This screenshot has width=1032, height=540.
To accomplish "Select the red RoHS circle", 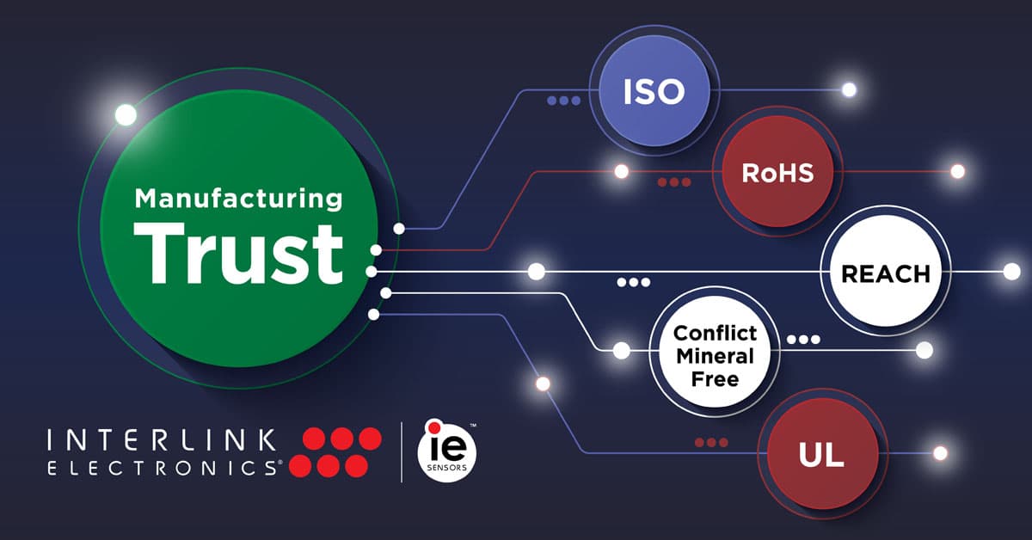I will click(x=777, y=173).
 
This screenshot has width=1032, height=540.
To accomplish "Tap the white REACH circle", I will click(x=886, y=273).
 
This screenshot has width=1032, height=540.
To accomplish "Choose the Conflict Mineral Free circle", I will click(x=715, y=355).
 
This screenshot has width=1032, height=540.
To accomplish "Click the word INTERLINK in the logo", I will click(x=162, y=441).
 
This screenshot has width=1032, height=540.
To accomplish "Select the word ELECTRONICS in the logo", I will click(x=162, y=468).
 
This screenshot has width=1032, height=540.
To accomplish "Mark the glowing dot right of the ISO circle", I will click(x=850, y=89).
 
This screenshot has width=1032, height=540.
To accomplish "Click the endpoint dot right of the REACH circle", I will click(x=1011, y=272).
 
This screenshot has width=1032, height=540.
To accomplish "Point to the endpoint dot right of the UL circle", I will click(x=940, y=452).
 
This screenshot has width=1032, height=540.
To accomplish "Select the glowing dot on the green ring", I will click(x=126, y=114).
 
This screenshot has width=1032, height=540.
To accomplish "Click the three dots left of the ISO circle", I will click(x=563, y=101).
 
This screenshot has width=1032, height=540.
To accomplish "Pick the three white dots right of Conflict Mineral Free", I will click(x=803, y=339).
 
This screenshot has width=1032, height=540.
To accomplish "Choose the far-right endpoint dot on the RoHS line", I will click(x=957, y=172).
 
